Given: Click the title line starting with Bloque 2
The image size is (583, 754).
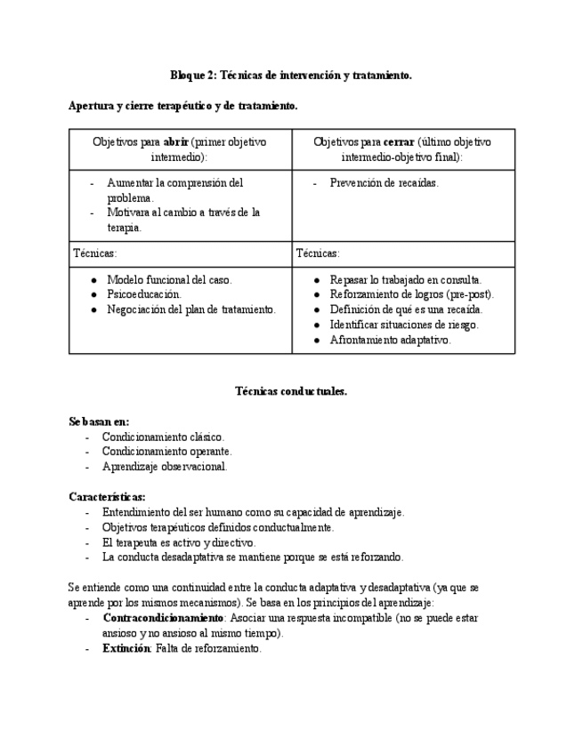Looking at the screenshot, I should (291, 76).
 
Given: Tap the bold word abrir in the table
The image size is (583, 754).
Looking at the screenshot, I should (176, 141).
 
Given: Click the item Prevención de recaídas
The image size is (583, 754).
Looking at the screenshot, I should (384, 183).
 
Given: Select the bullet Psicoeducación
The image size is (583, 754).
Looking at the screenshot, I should (144, 294).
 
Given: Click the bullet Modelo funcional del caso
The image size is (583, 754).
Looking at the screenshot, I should (169, 279).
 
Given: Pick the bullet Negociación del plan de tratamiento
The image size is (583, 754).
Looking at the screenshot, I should (191, 309).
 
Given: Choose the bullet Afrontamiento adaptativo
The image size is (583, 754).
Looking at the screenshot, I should (390, 340).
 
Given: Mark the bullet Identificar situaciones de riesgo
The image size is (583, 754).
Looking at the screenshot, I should (403, 325).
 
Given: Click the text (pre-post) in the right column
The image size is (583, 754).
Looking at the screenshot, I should (469, 294).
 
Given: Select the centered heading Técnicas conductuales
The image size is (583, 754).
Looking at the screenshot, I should (291, 391).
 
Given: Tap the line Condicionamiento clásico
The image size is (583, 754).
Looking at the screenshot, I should (163, 437).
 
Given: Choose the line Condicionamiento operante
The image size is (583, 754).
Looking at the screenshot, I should (166, 452).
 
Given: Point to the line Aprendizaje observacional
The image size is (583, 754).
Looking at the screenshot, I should (165, 466).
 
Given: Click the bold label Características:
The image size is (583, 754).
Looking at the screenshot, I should (107, 496).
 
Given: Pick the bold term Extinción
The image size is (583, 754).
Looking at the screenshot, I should (126, 648).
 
